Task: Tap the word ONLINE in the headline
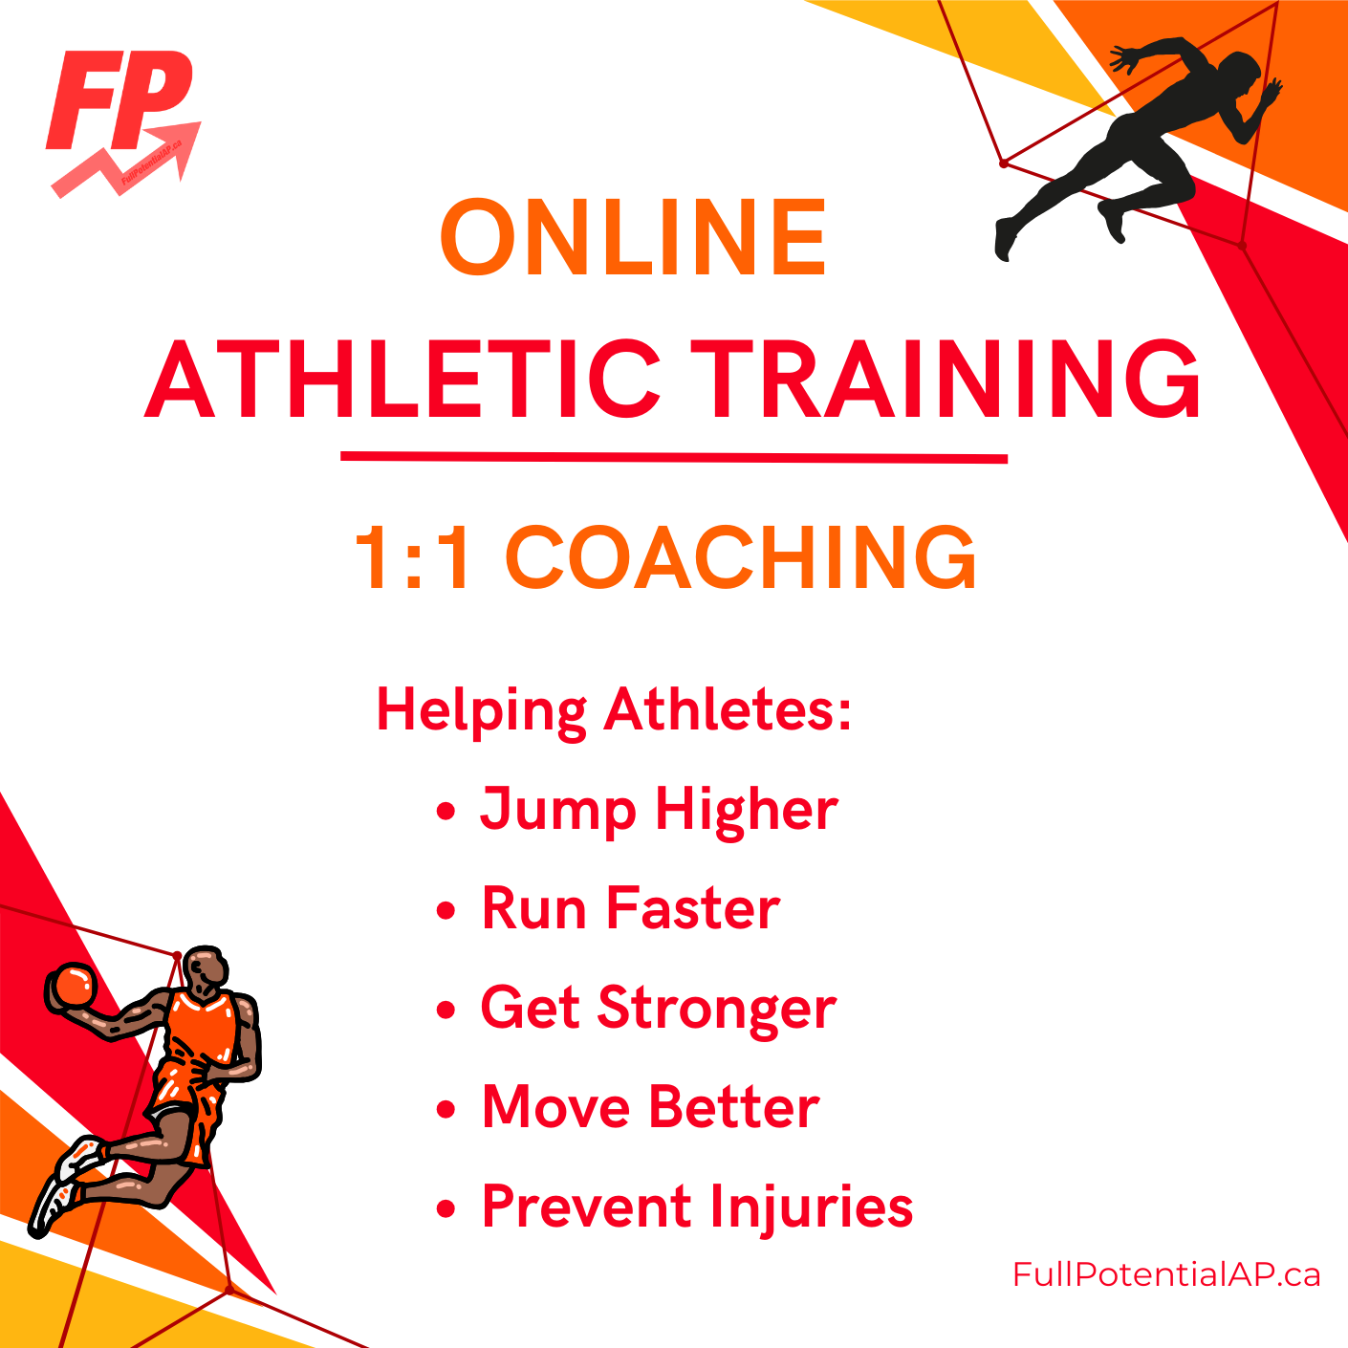point(634,236)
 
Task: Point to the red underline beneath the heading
point(674,458)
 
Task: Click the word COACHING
point(740,558)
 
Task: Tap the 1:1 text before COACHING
point(412,558)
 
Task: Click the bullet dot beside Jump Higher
point(446,812)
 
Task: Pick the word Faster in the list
point(692,908)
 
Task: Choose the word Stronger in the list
point(716,1011)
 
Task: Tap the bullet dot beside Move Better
point(446,1109)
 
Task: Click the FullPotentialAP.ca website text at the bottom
point(1166,1274)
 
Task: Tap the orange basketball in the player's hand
point(72,987)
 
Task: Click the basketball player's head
point(206,970)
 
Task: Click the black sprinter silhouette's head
point(1240,72)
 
